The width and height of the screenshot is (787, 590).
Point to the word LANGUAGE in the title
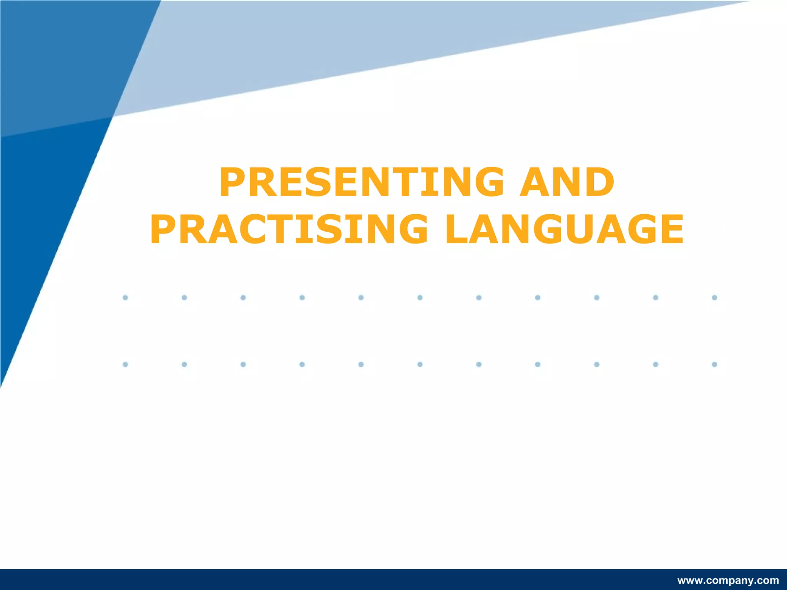pos(564,229)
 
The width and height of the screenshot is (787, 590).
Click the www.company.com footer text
pos(728,580)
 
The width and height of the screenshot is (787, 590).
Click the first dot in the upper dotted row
pos(125,297)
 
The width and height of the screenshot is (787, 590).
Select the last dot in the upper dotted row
pos(714,297)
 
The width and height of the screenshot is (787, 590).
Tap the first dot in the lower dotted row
pos(125,364)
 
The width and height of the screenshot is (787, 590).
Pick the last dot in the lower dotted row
pos(714,364)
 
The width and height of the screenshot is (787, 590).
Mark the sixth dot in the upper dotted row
pos(420,297)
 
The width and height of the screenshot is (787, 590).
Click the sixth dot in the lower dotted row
pos(420,364)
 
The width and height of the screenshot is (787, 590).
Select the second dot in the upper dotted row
pos(184,297)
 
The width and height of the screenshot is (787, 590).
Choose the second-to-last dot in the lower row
pos(656,364)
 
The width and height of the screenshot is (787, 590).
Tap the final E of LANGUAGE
pos(671,229)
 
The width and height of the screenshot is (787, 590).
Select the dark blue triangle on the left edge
pos(42,230)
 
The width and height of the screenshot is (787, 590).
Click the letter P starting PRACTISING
pos(164,229)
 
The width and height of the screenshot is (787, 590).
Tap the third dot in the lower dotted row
pos(243,364)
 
